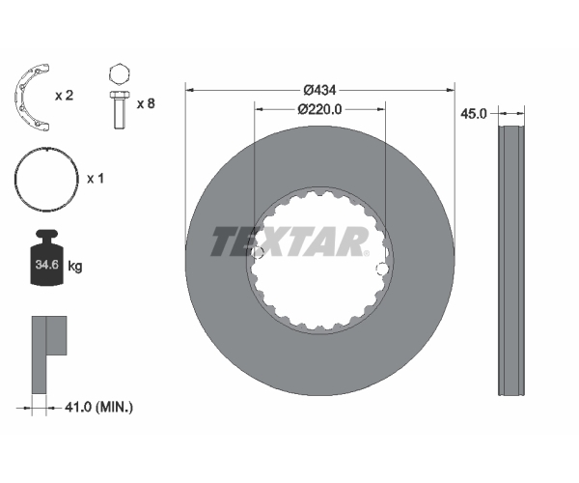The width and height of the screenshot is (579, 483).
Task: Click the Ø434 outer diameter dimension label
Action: point(319,90)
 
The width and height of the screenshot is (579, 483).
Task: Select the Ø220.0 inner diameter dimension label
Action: point(319,109)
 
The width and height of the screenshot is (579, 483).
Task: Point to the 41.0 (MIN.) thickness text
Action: point(98,408)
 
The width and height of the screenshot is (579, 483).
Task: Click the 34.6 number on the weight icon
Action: point(47,265)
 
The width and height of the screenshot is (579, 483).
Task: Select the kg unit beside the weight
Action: point(75,266)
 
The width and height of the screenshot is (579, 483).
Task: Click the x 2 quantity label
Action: point(65,96)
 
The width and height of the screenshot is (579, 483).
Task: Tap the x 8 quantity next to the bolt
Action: point(146,103)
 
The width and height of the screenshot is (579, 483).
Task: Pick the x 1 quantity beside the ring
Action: point(96,179)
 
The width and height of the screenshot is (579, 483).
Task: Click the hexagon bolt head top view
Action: point(120,75)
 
